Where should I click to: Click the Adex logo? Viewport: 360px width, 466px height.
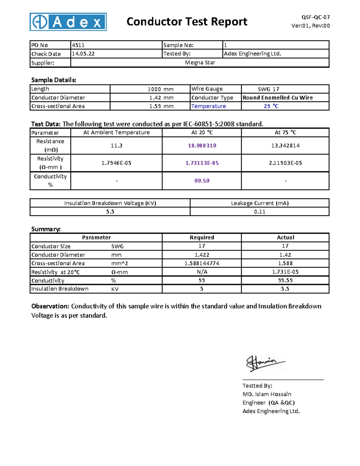pyautogui.click(x=68, y=22)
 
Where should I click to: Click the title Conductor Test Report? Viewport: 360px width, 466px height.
pyautogui.click(x=187, y=22)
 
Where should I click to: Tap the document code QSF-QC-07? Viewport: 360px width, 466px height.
pyautogui.click(x=316, y=17)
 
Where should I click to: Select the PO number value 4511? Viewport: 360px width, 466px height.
pyautogui.click(x=78, y=45)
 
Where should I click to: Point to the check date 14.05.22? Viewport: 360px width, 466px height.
pyautogui.click(x=83, y=54)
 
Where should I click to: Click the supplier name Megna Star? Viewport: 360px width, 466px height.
pyautogui.click(x=200, y=63)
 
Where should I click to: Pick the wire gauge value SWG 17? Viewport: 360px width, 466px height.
pyautogui.click(x=268, y=89)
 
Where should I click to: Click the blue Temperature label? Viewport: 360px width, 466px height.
pyautogui.click(x=208, y=106)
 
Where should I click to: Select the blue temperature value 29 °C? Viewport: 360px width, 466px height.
pyautogui.click(x=271, y=106)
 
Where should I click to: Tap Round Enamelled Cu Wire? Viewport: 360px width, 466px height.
pyautogui.click(x=277, y=98)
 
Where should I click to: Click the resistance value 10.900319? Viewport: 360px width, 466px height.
pyautogui.click(x=202, y=146)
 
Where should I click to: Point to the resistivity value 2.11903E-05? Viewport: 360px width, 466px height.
pyautogui.click(x=285, y=163)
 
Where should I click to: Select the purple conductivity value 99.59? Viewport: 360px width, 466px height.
pyautogui.click(x=202, y=181)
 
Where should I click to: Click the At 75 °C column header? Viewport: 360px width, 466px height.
pyautogui.click(x=285, y=132)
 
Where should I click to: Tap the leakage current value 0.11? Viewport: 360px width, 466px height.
pyautogui.click(x=259, y=212)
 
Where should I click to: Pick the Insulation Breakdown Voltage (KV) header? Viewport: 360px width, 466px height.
pyautogui.click(x=110, y=203)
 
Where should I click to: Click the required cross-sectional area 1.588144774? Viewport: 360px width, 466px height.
pyautogui.click(x=202, y=263)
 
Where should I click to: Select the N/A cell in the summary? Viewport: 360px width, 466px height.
pyautogui.click(x=202, y=272)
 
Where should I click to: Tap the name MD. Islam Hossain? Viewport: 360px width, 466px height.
pyautogui.click(x=267, y=394)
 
